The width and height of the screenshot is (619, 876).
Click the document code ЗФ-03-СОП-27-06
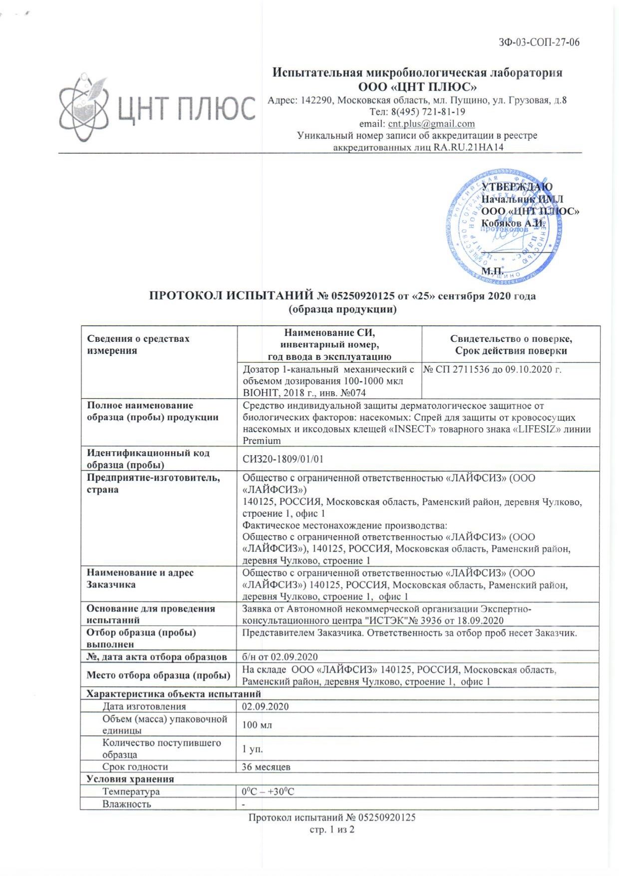pos(539,42)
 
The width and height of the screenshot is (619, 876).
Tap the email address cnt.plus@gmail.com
pos(431,124)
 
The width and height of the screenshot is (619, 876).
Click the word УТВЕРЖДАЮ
pos(517,187)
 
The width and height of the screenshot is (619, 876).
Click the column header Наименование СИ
pos(329,333)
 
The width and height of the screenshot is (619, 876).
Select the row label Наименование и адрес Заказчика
pos(140,579)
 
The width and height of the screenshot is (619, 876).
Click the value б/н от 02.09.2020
pos(280,657)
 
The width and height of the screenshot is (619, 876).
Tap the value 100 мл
pos(257,725)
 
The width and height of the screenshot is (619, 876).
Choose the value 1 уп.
pos(253,749)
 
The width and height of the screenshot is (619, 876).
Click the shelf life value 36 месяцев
pos(266,767)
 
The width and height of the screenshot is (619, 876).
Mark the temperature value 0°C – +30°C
pos(268,792)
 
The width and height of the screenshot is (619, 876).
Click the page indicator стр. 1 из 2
pos(332,830)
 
